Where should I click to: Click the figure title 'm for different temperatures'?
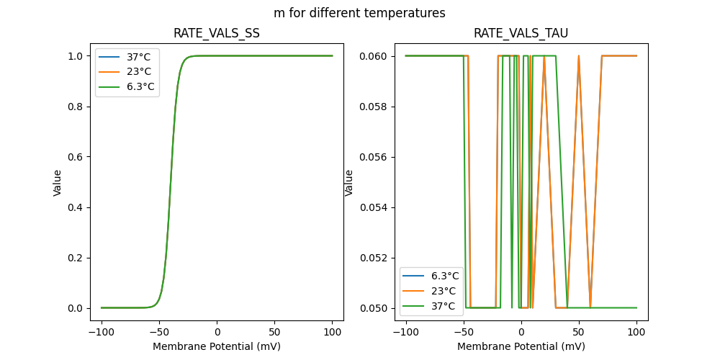(359, 13)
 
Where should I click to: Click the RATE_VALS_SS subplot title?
(217, 33)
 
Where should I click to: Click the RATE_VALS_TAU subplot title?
(521, 33)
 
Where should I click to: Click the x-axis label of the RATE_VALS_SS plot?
(217, 346)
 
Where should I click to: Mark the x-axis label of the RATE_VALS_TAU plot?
(521, 346)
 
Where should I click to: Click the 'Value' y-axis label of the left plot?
(58, 182)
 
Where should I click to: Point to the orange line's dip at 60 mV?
(590, 307)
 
